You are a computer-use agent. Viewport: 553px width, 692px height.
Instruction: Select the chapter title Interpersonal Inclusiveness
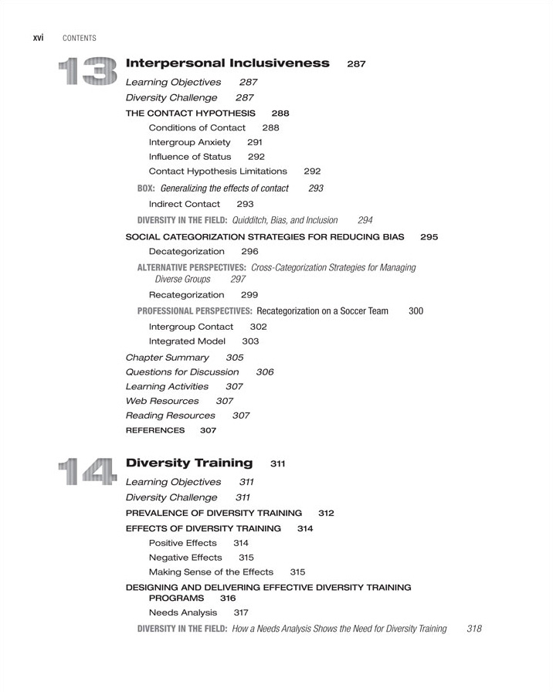tap(227, 63)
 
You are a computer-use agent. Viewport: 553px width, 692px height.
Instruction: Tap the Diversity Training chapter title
tap(188, 463)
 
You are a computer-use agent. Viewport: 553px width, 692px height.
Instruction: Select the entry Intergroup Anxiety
tap(189, 142)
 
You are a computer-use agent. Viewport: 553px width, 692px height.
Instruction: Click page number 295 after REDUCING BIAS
tap(429, 237)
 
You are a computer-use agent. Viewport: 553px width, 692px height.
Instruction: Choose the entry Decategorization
tap(186, 252)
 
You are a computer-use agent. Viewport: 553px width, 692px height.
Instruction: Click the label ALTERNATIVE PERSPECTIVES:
tap(192, 267)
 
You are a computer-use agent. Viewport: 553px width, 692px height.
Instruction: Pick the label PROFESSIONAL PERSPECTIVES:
tap(195, 310)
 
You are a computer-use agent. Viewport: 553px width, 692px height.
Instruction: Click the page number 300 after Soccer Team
tap(416, 310)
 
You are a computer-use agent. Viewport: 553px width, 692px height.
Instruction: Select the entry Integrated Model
tap(187, 341)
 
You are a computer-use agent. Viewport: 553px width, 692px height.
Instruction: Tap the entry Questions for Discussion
tap(182, 371)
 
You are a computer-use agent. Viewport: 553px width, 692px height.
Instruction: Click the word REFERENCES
tap(155, 430)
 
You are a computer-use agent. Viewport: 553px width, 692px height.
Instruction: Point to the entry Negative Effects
tap(185, 557)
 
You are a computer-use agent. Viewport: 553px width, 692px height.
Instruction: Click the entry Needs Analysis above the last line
tap(183, 612)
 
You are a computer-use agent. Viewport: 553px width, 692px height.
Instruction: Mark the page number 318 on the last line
tap(474, 629)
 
